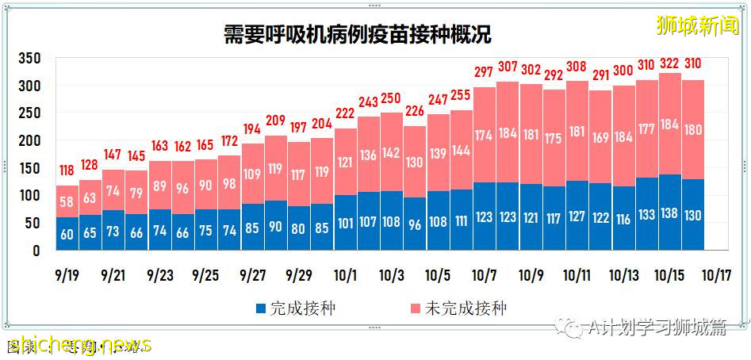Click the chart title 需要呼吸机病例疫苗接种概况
click(x=356, y=35)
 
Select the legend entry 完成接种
click(x=295, y=308)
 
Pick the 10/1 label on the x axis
click(x=346, y=275)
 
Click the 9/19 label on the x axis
click(x=67, y=275)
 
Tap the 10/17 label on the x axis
click(x=716, y=275)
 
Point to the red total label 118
click(x=67, y=170)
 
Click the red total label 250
click(x=392, y=98)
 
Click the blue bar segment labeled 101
click(x=346, y=223)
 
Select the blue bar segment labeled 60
click(x=67, y=234)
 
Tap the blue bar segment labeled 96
click(x=415, y=224)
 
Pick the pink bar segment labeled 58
click(x=67, y=201)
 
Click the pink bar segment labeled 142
click(x=392, y=152)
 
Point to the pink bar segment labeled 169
click(x=600, y=137)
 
